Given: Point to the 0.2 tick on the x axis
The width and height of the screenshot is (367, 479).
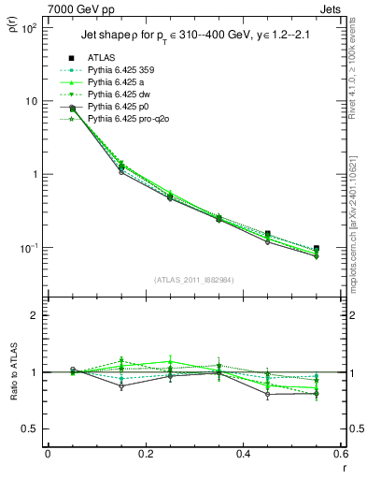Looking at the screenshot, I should pyautogui.click(x=145, y=454).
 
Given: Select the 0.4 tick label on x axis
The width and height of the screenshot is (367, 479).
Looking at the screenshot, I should pyautogui.click(x=243, y=454).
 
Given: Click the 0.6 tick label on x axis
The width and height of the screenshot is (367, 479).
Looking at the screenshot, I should pyautogui.click(x=340, y=454).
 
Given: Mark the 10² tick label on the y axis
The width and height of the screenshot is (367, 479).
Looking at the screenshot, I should pyautogui.click(x=28, y=28).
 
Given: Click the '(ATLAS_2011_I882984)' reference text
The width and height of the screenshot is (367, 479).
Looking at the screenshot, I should pyautogui.click(x=193, y=280).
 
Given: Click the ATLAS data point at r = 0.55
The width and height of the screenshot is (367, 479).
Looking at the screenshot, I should pyautogui.click(x=316, y=249).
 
